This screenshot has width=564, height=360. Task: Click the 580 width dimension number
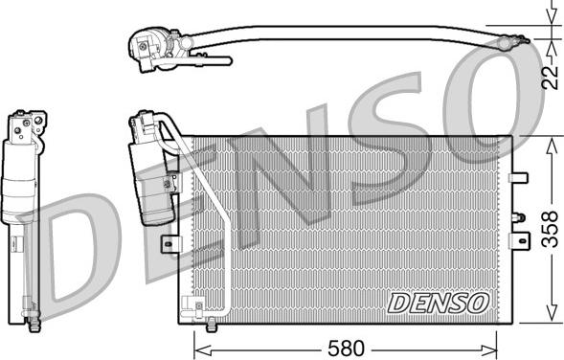pyautogui.click(x=346, y=349)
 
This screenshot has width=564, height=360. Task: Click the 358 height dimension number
pyautogui.click(x=550, y=229)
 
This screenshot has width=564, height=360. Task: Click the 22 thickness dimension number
pyautogui.click(x=551, y=79)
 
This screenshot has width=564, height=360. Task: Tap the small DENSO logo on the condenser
pyautogui.click(x=439, y=303)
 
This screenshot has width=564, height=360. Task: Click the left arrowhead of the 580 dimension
pyautogui.click(x=202, y=349)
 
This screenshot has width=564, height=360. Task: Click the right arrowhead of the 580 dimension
pyautogui.click(x=489, y=349)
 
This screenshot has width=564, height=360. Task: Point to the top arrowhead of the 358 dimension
pyautogui.click(x=551, y=146)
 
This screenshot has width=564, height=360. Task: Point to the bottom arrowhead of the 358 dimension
pyautogui.click(x=551, y=313)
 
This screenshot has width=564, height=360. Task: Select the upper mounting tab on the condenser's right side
pyautogui.click(x=518, y=178)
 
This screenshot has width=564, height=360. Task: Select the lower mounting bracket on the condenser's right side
pyautogui.click(x=519, y=240)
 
